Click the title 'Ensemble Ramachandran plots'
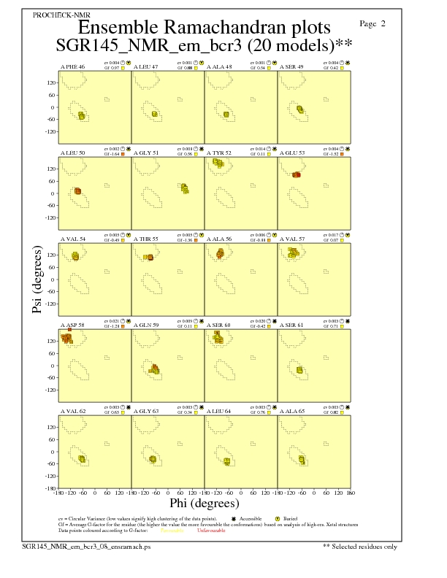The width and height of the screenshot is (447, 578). pyautogui.click(x=204, y=28)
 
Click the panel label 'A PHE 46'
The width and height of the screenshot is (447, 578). pyautogui.click(x=72, y=67)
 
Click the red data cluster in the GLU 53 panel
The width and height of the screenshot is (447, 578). pyautogui.click(x=297, y=174)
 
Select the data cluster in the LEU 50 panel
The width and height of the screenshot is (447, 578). pyautogui.click(x=77, y=191)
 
